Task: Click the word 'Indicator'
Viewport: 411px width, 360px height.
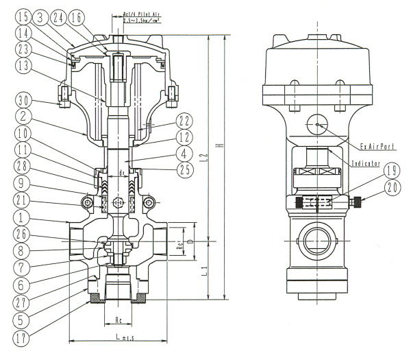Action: pyautogui.click(x=371, y=165)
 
